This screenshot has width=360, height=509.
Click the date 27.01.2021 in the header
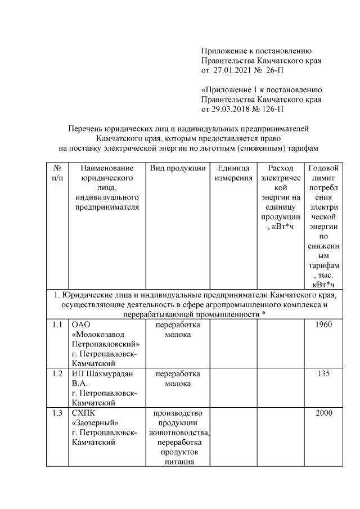(232, 70)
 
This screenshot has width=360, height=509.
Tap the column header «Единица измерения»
(233, 173)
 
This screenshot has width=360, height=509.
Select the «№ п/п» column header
(57, 173)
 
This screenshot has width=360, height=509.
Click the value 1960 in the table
(323, 325)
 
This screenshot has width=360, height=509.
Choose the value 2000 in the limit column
(323, 413)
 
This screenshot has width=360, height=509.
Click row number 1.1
(57, 325)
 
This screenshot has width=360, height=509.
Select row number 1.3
(57, 413)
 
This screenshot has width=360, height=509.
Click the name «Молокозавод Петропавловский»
(106, 339)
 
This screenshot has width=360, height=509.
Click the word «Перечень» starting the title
(88, 128)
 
